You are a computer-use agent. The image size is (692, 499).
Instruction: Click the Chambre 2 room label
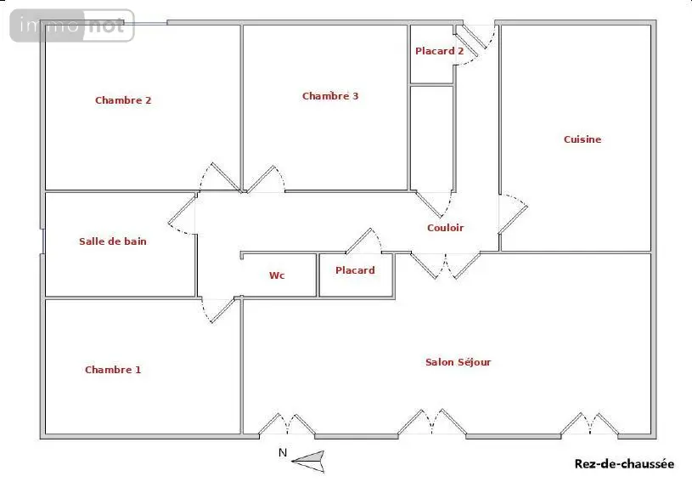123,100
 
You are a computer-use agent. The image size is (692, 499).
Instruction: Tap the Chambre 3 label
330,96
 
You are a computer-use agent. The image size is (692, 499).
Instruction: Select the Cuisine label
582,139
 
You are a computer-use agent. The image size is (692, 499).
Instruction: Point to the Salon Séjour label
459,362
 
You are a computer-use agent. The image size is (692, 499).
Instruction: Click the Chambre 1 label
113,370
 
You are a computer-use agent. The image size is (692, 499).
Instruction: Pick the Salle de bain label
113,241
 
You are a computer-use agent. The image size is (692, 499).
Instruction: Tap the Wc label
277,275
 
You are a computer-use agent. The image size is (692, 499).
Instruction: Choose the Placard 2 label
440,51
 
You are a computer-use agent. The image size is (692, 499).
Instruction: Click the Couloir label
445,228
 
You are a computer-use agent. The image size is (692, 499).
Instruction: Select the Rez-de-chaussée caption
624,463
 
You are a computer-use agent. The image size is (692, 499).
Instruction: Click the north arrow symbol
308,462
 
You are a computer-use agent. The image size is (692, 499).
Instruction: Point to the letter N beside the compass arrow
283,452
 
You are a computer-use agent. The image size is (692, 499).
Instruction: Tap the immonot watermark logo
72,26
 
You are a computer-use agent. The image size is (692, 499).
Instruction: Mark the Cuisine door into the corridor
513,213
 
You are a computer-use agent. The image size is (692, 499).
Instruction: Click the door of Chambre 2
220,178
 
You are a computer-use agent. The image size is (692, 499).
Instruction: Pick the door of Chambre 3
265,179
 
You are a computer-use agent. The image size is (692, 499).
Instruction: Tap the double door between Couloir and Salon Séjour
445,266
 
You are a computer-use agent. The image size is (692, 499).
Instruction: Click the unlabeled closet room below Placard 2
432,139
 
